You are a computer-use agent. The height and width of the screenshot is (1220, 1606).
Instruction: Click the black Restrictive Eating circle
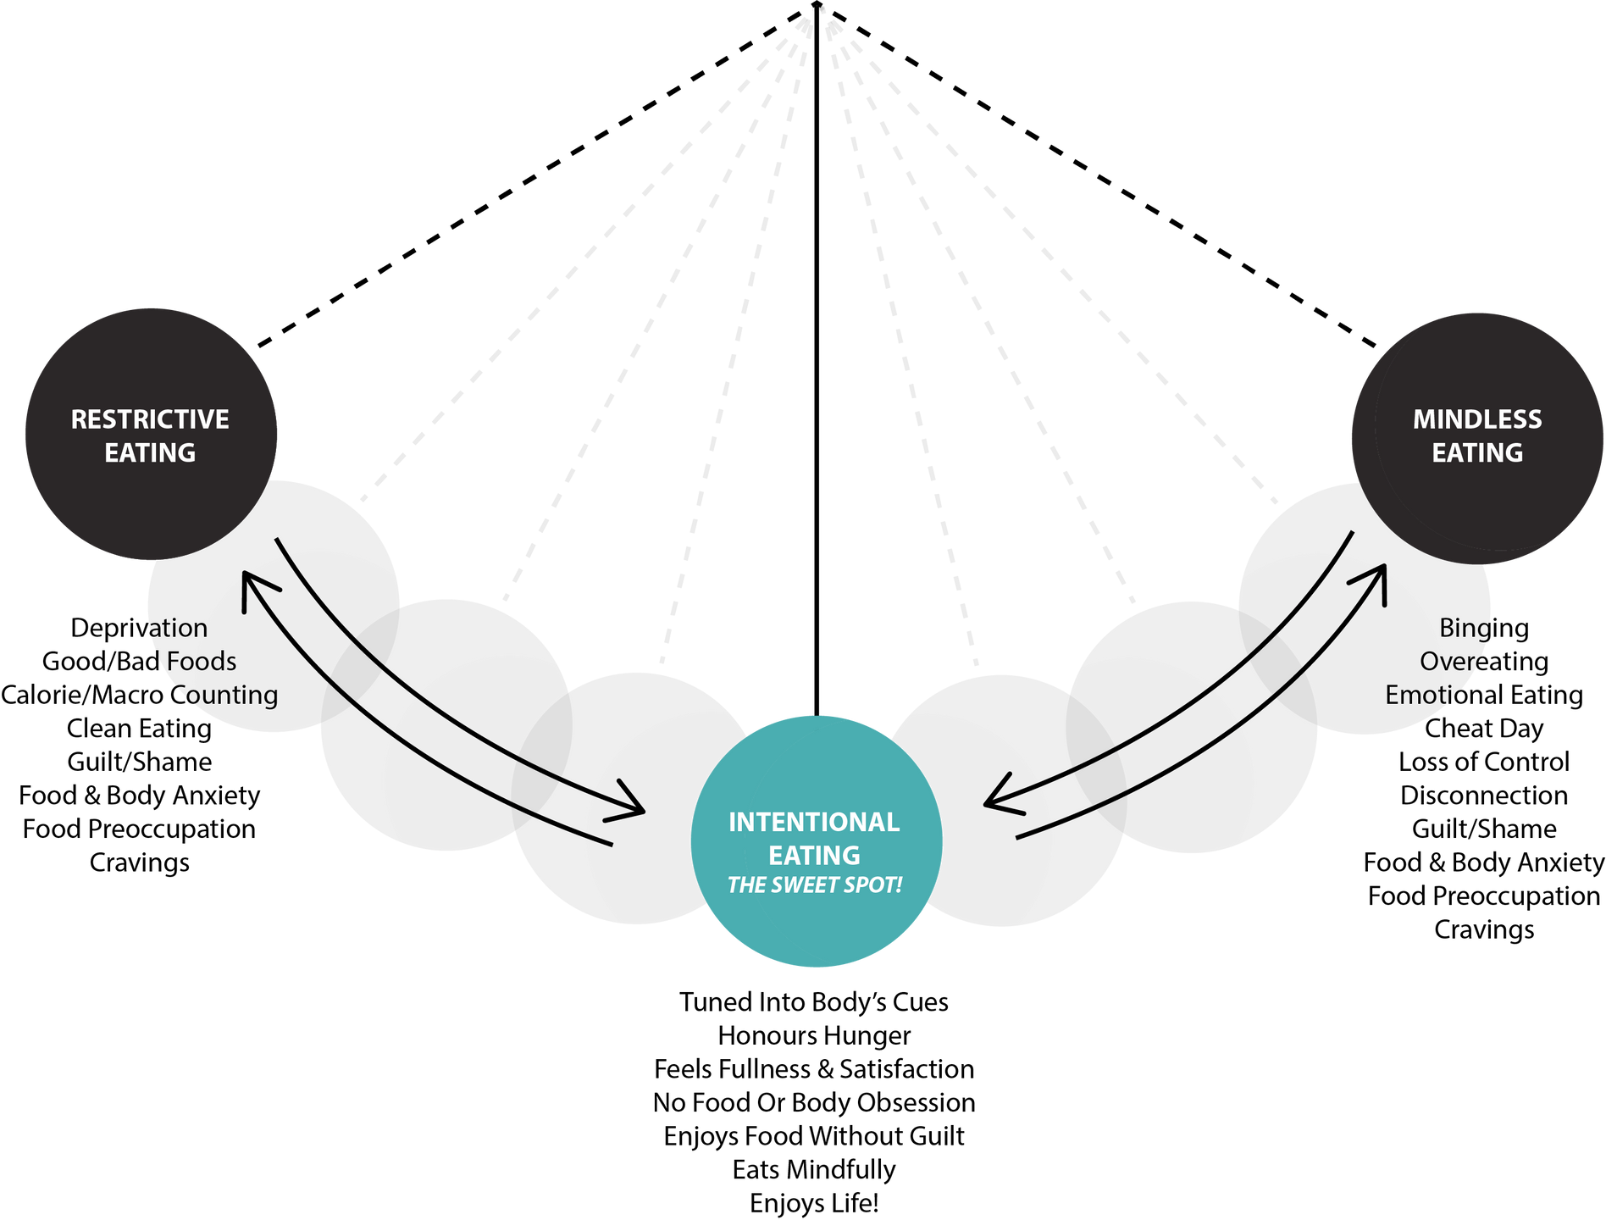(x=151, y=434)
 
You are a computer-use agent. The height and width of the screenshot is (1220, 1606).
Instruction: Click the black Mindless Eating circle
(x=1477, y=438)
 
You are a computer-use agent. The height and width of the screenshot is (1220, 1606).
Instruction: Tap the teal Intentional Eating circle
(x=817, y=841)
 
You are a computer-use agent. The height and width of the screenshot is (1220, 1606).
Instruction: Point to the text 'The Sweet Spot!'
(x=815, y=885)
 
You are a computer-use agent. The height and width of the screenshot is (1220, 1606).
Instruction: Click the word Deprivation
(x=139, y=628)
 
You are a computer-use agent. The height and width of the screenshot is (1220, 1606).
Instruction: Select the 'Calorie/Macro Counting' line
(x=139, y=695)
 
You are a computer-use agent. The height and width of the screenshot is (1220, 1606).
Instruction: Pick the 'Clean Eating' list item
(x=139, y=729)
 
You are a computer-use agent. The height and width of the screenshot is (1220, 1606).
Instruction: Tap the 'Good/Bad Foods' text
(x=139, y=661)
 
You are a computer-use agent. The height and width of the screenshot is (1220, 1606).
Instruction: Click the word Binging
(x=1484, y=629)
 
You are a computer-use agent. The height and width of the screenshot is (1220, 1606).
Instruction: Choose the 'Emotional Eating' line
(x=1484, y=695)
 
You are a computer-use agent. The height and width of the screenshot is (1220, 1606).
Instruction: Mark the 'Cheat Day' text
(x=1484, y=729)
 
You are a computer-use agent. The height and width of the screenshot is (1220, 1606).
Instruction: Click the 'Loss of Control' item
(x=1484, y=762)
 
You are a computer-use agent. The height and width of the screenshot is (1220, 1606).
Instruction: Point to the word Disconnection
(x=1484, y=796)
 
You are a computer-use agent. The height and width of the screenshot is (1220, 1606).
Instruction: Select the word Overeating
(x=1484, y=662)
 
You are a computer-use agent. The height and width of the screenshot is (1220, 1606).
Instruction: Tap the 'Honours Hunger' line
(x=814, y=1036)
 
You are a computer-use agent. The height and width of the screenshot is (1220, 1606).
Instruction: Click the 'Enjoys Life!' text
(x=814, y=1204)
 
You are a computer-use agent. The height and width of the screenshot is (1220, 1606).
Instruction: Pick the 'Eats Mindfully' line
(x=814, y=1170)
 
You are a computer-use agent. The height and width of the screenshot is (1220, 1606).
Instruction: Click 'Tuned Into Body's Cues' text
(x=814, y=1002)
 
